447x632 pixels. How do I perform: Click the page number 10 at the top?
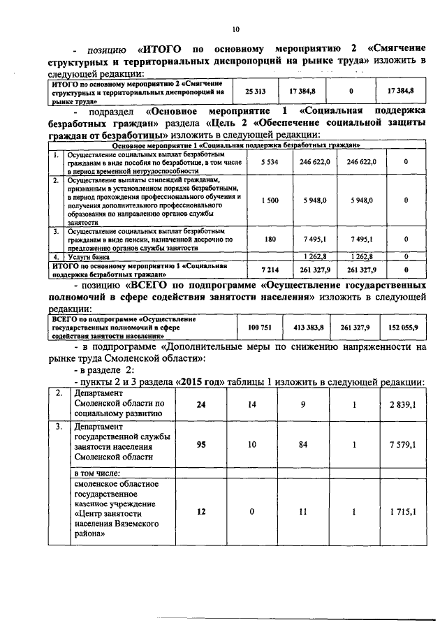click(235, 29)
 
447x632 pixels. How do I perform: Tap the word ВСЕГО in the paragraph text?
click(149, 286)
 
